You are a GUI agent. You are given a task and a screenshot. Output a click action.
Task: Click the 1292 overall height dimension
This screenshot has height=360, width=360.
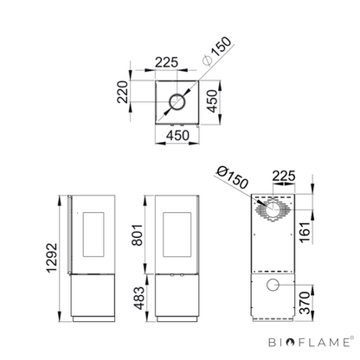(x=52, y=258)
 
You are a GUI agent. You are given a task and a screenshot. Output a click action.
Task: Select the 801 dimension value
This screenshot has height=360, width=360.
(x=138, y=235)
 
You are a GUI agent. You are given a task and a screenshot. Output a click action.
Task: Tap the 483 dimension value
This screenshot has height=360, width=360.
(x=139, y=298)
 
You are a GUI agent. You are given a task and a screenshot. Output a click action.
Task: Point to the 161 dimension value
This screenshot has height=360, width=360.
(x=305, y=233)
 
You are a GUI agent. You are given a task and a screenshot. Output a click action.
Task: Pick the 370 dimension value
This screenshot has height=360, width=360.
(x=305, y=303)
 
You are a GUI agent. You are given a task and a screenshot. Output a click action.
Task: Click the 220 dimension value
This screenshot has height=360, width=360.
(x=122, y=92)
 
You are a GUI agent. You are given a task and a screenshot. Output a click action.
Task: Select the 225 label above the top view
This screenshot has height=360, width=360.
(x=167, y=62)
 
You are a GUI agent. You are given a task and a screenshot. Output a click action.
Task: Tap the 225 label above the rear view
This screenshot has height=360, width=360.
(x=284, y=176)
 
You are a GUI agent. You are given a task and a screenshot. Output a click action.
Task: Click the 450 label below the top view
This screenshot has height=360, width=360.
(x=177, y=135)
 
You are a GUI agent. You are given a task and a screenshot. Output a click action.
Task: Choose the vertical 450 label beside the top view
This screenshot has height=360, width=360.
(x=212, y=101)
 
